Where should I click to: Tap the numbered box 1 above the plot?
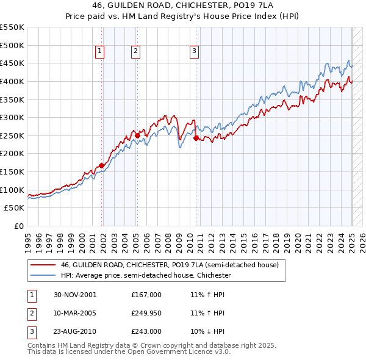pyautogui.click(x=99, y=52)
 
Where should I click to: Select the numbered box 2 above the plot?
pyautogui.click(x=135, y=52)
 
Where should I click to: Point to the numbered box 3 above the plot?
pyautogui.click(x=194, y=52)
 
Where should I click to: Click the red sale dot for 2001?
pyautogui.click(x=101, y=165)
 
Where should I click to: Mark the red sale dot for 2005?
pyautogui.click(x=137, y=135)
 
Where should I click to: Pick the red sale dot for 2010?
pyautogui.click(x=196, y=138)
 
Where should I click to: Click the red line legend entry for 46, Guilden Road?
pyautogui.click(x=170, y=265)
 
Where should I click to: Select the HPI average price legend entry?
pyautogui.click(x=145, y=276)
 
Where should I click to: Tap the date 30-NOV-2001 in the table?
pyautogui.click(x=75, y=295)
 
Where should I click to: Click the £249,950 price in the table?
pyautogui.click(x=146, y=313)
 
